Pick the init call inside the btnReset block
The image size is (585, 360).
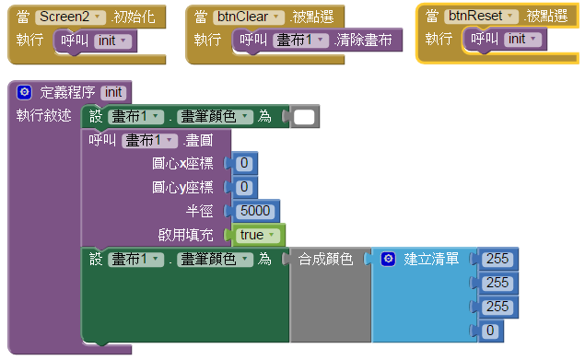point(509,40)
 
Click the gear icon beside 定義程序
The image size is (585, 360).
point(24,92)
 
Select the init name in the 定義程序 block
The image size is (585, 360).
point(114,92)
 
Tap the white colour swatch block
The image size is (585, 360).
point(305,117)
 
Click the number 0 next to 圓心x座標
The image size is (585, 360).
point(244,164)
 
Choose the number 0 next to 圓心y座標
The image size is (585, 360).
point(244,188)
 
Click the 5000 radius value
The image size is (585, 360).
point(253,211)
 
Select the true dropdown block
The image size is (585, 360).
point(255,235)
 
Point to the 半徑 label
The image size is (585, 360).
point(200,211)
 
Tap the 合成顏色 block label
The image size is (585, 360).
point(325,260)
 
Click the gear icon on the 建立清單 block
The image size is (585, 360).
point(388,260)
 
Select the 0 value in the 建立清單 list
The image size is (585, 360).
point(490,330)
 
